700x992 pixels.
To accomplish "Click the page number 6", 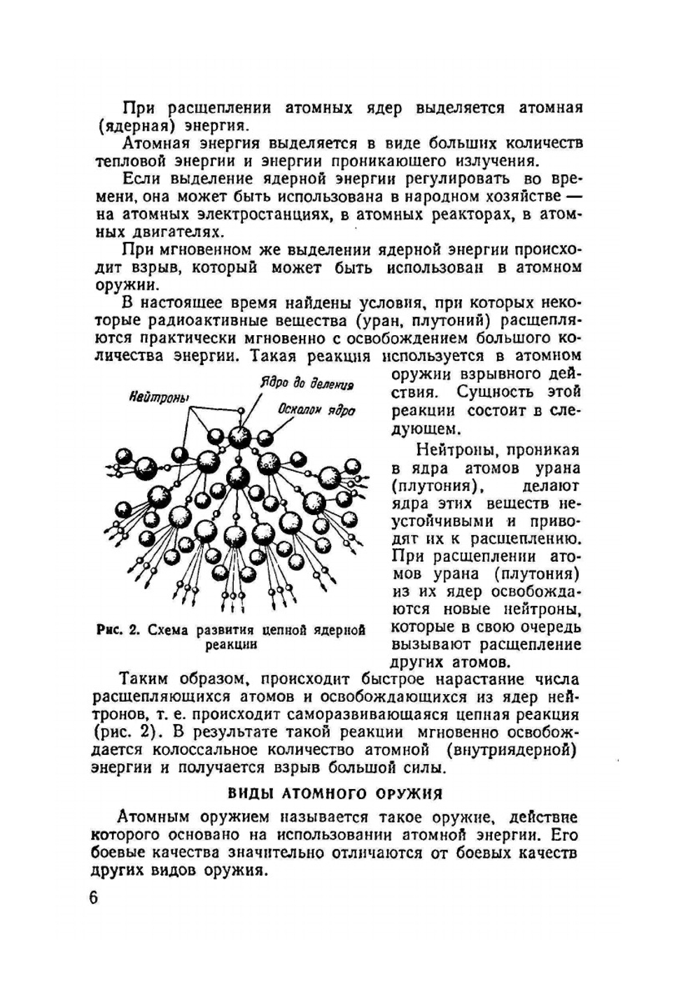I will [94, 898].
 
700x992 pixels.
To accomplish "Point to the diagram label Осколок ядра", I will [316, 410].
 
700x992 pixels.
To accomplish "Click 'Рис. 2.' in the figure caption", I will [120, 630].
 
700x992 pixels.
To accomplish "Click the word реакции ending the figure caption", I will [231, 645].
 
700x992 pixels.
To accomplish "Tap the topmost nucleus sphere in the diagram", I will [240, 437].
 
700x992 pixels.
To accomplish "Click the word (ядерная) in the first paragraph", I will [136, 127].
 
